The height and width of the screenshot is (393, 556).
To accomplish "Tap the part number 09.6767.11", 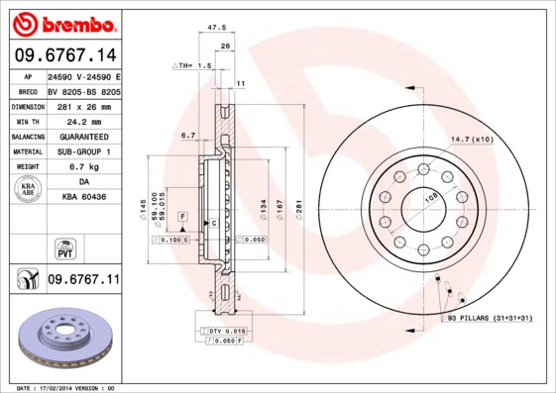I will pyautogui.click(x=82, y=281).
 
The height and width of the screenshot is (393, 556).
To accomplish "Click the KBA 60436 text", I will pyautogui.click(x=84, y=198).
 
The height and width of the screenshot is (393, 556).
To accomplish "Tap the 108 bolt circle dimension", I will pyautogui.click(x=431, y=198).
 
